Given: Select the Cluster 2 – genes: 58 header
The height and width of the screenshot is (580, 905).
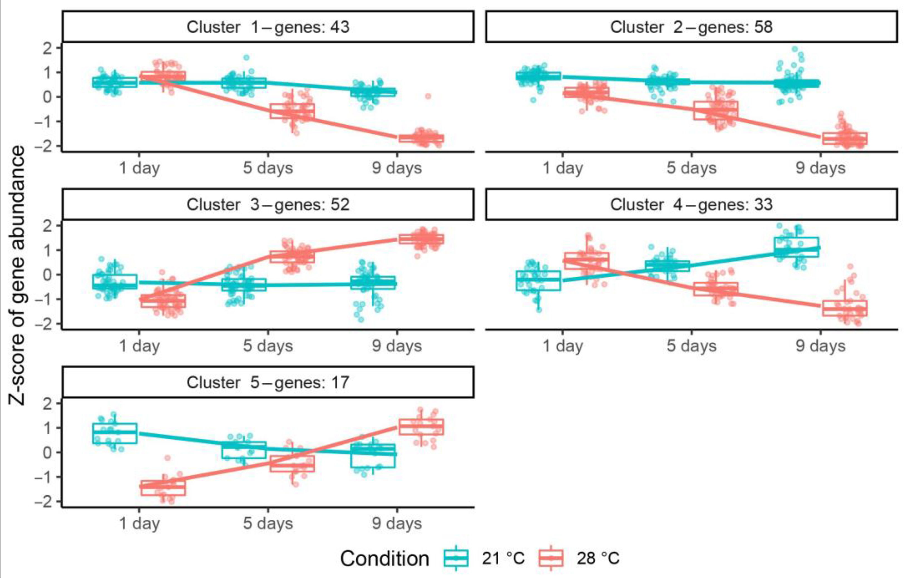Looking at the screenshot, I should tap(691, 27).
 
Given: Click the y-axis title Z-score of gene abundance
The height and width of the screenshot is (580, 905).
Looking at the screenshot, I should tap(17, 275).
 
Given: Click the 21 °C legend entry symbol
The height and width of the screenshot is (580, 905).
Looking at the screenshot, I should tap(456, 558).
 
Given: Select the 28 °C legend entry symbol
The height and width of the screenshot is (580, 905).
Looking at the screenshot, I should tap(551, 558).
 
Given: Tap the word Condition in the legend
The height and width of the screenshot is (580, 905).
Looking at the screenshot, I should tap(384, 558).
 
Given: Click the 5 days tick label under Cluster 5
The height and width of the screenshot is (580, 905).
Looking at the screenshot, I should tap(268, 524).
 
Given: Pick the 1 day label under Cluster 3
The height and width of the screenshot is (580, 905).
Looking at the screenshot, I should tap(139, 346).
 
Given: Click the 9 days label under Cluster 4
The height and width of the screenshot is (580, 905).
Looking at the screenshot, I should tap(820, 346).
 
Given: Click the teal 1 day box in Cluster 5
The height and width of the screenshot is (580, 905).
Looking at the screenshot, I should tap(115, 433).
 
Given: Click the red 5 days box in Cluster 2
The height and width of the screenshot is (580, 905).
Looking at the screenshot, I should tap(716, 111).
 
